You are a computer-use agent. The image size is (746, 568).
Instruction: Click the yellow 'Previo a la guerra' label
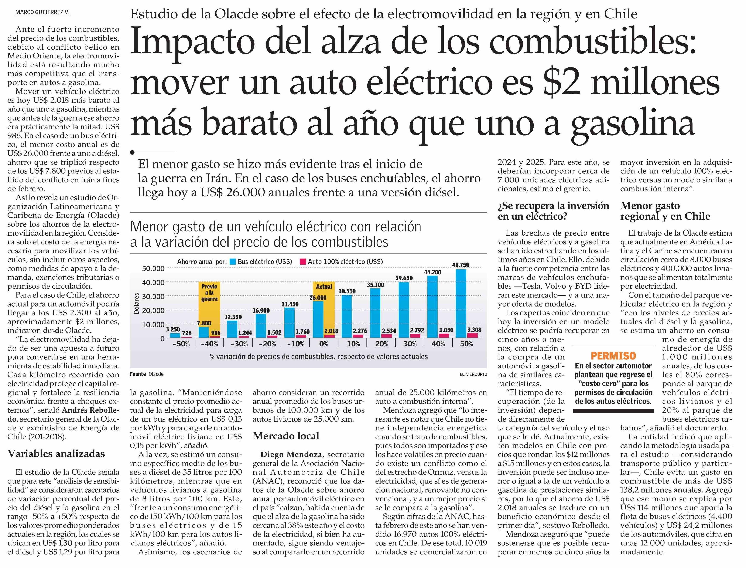tap(209, 293)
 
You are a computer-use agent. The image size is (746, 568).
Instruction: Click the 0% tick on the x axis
tap(324, 344)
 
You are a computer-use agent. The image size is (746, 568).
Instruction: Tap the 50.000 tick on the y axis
tap(153, 268)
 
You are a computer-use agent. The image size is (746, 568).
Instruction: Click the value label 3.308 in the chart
tap(474, 330)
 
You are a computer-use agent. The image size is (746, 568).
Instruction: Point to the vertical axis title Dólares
tap(137, 304)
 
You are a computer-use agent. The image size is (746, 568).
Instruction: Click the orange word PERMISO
tap(613, 356)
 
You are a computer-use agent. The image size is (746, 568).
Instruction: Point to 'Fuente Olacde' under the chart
tap(146, 374)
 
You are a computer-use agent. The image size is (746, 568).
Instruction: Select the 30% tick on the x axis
tap(410, 344)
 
